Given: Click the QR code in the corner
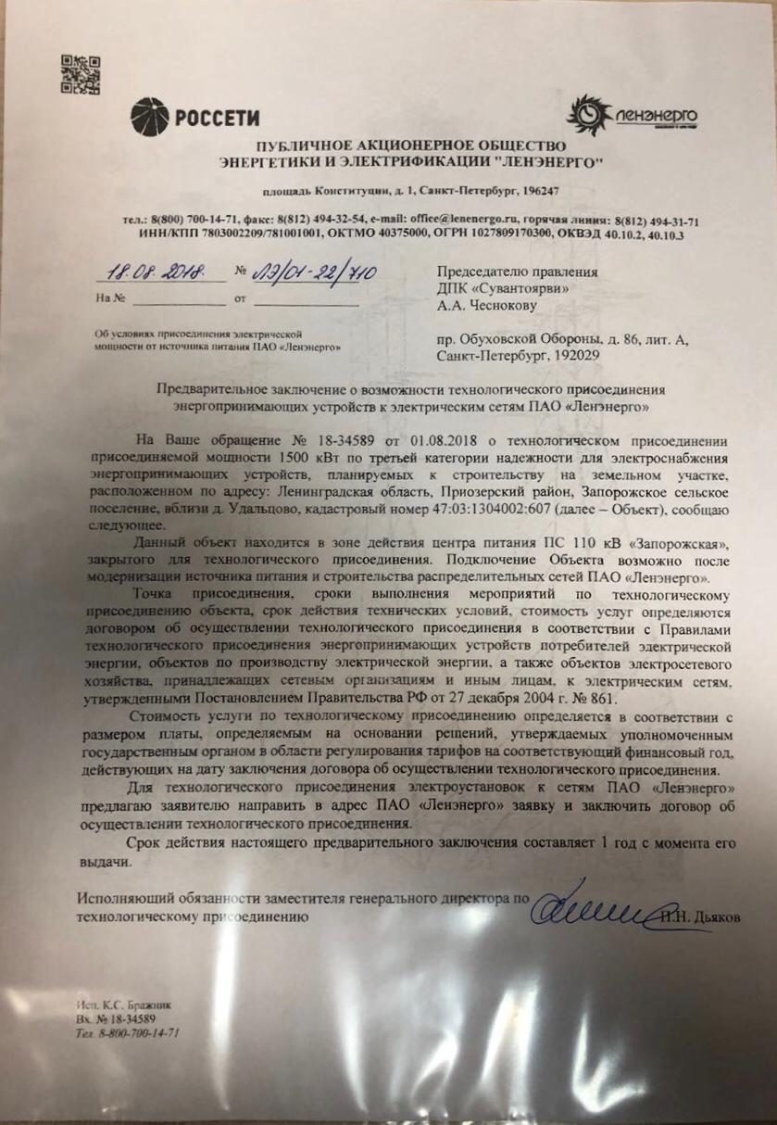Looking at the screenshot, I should click(x=81, y=74).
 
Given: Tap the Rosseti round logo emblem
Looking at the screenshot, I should click(x=149, y=117).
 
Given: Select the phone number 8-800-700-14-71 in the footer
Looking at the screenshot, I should click(x=136, y=1032).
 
